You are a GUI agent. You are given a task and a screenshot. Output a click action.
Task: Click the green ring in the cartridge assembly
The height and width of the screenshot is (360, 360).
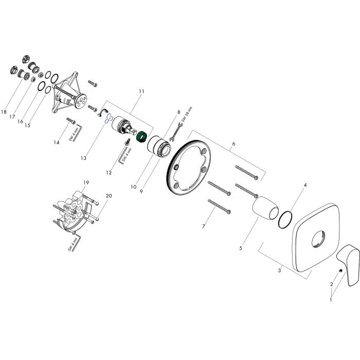(141, 137)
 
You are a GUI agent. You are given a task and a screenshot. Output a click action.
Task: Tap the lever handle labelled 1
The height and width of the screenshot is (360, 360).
(349, 264)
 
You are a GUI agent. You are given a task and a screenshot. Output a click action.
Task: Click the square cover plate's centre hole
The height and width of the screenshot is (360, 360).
(318, 239)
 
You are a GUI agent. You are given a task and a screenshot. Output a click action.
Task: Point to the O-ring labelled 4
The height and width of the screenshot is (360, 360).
(285, 220)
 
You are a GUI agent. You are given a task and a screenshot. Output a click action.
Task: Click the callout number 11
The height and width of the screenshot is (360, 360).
(141, 92)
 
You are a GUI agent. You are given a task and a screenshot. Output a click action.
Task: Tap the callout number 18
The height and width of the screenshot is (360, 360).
(4, 112)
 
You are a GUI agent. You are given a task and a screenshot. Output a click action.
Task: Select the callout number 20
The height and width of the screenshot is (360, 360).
(109, 195)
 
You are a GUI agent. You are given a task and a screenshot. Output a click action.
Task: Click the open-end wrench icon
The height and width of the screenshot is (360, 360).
(176, 132)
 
